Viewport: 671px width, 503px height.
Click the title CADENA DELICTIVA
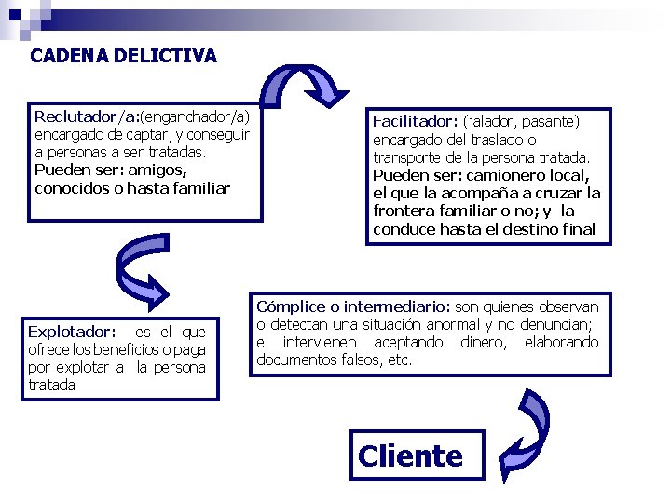click(123, 56)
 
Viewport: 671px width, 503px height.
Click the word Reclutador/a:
click(87, 117)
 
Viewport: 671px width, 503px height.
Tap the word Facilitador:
click(415, 121)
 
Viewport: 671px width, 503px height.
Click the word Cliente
click(410, 455)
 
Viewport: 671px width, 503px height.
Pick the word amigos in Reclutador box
click(157, 170)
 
